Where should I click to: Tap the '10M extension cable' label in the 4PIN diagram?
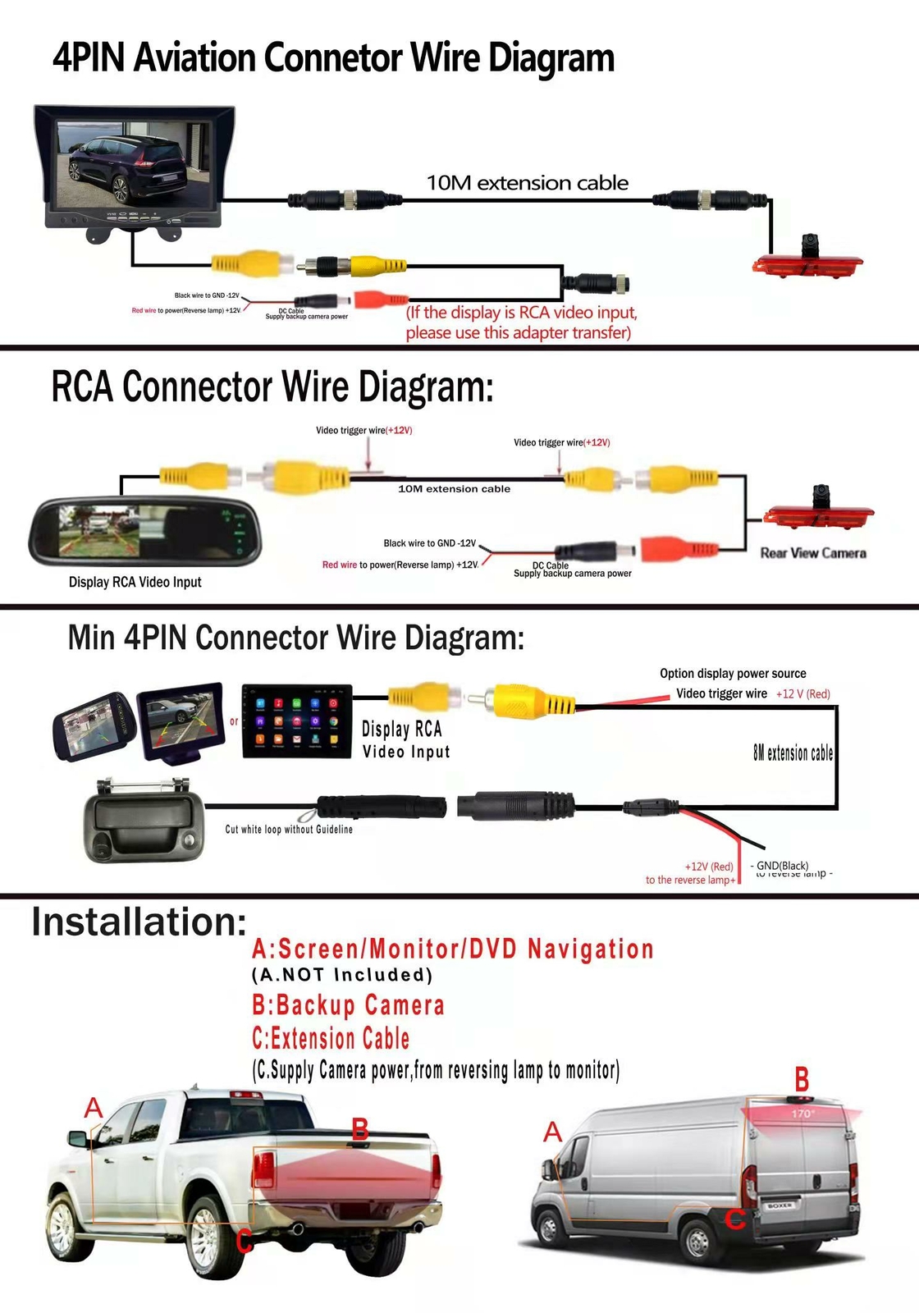[x=527, y=183]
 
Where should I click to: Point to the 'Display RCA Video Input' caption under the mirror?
[x=135, y=582]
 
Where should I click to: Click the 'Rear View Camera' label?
[x=813, y=553]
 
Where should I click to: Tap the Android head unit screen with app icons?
[x=297, y=721]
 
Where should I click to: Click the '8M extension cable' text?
[x=793, y=753]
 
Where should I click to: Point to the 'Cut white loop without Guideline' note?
[x=289, y=830]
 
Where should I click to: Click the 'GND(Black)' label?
[x=782, y=866]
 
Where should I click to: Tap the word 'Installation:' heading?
[x=139, y=922]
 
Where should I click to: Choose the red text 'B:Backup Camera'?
[x=348, y=1005]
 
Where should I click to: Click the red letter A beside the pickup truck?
[x=94, y=1108]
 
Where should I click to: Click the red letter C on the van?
[x=734, y=1219]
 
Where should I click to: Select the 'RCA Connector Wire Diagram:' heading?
[x=272, y=387]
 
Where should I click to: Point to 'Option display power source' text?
[x=733, y=673]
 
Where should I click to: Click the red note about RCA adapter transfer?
[x=520, y=323]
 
